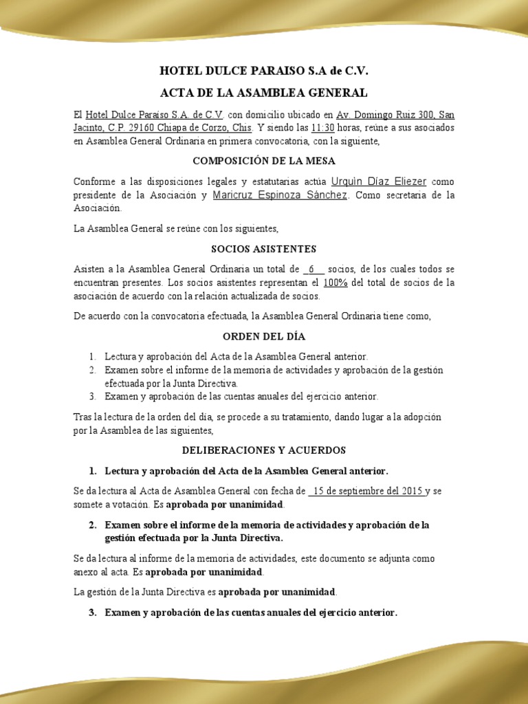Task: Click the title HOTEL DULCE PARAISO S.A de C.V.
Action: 264,70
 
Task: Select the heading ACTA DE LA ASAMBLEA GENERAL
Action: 264,92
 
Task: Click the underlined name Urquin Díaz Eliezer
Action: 379,181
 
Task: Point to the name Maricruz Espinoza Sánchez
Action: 280,195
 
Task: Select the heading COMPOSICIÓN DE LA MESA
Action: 264,161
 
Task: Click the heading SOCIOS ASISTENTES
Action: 264,249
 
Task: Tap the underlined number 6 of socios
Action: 312,269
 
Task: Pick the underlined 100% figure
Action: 335,283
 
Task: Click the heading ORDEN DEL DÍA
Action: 264,337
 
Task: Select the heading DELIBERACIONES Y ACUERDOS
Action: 264,450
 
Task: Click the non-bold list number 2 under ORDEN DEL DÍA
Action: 93,370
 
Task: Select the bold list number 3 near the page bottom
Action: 93,612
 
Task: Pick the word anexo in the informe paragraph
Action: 86,572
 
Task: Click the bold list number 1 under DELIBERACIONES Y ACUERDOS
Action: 93,471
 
